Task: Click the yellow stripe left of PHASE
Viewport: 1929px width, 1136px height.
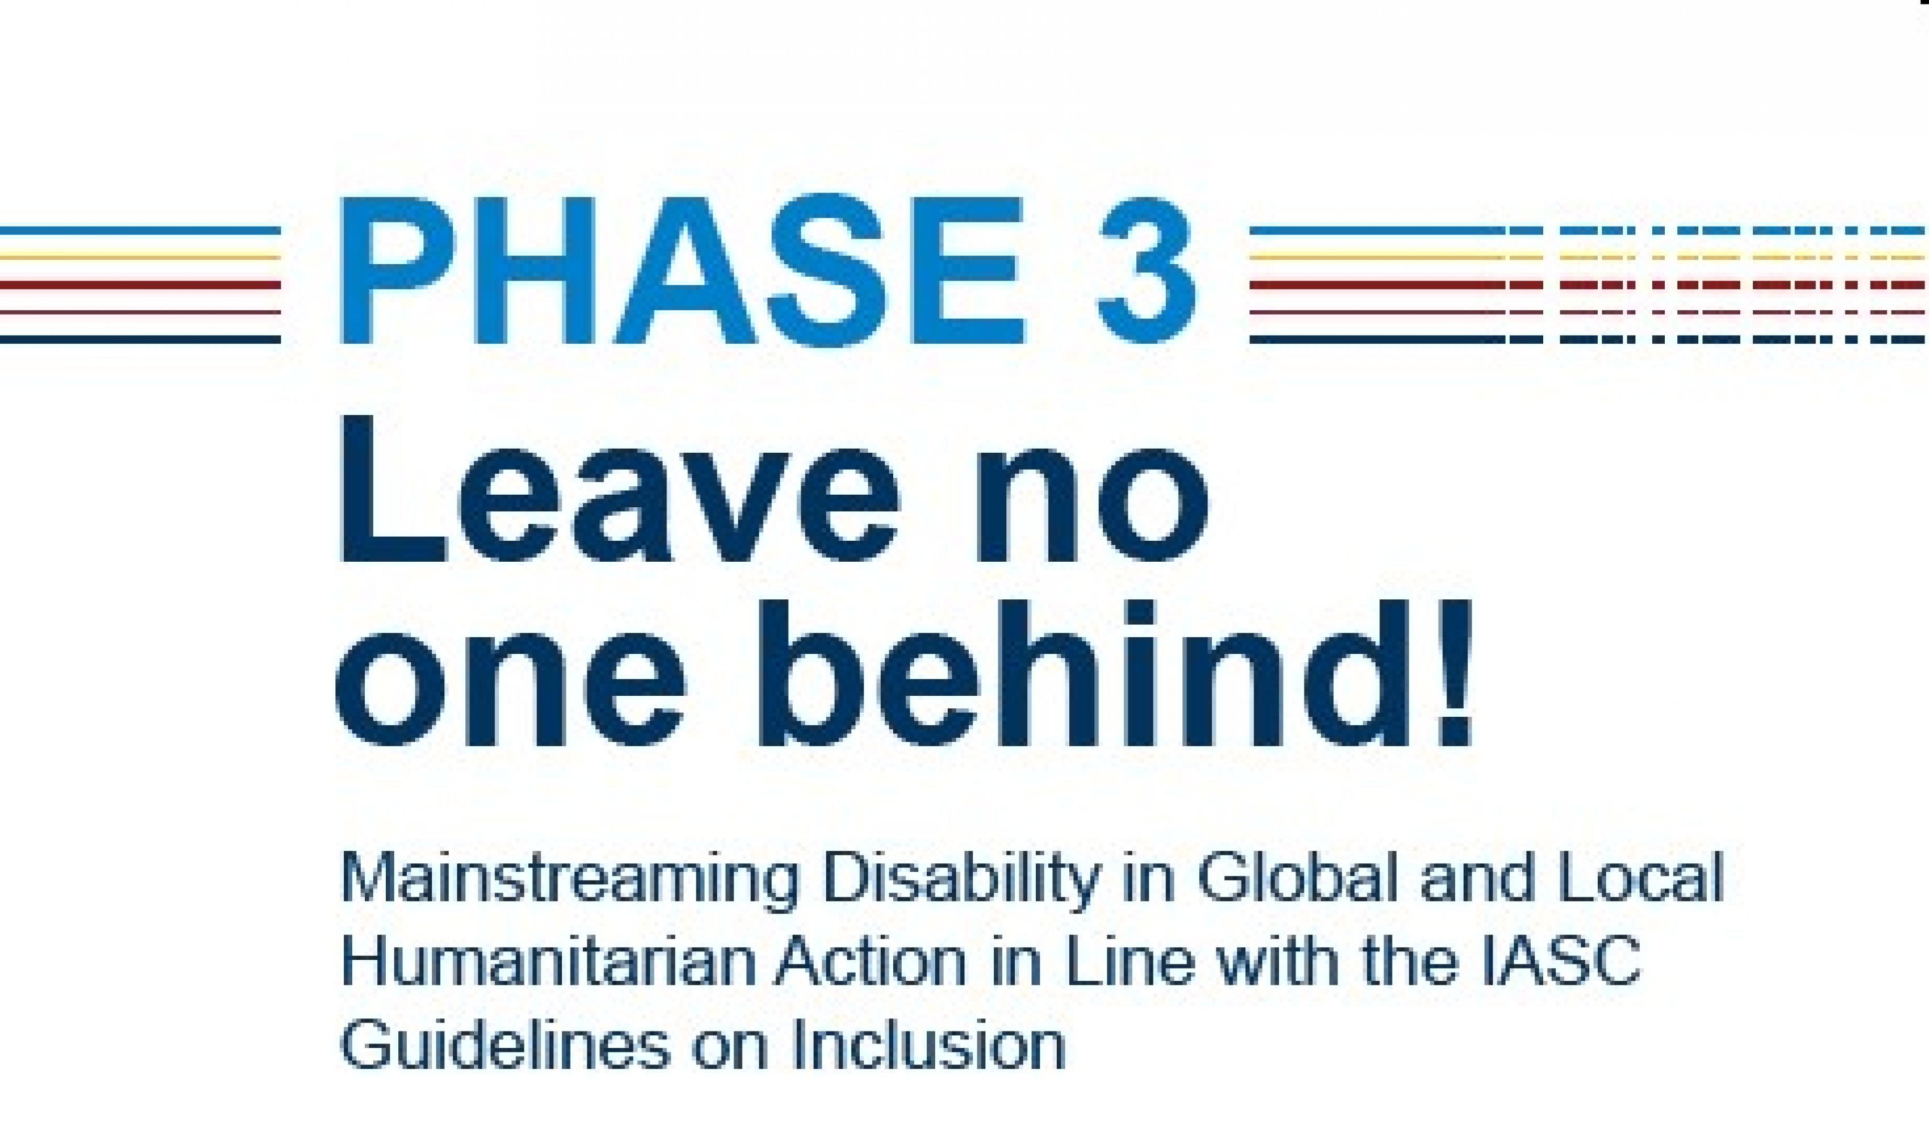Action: (x=140, y=257)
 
